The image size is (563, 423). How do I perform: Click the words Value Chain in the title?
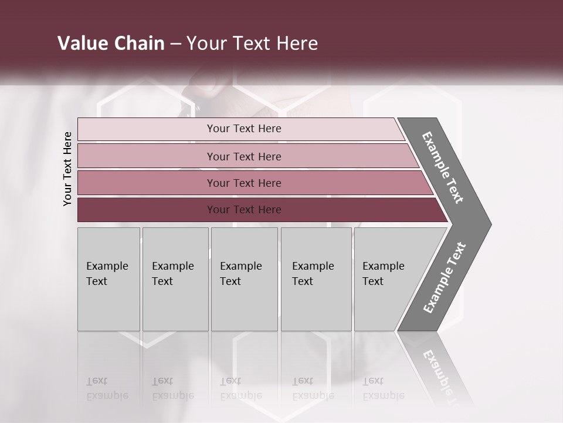(111, 43)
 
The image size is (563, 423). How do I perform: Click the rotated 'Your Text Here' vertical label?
(67, 169)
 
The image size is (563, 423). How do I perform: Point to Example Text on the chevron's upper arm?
(443, 167)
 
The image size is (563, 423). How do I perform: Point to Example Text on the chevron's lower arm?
(445, 278)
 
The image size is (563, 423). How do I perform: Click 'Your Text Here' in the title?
(252, 43)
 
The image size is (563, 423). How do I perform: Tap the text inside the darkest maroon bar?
(244, 210)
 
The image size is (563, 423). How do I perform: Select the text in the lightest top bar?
(244, 129)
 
